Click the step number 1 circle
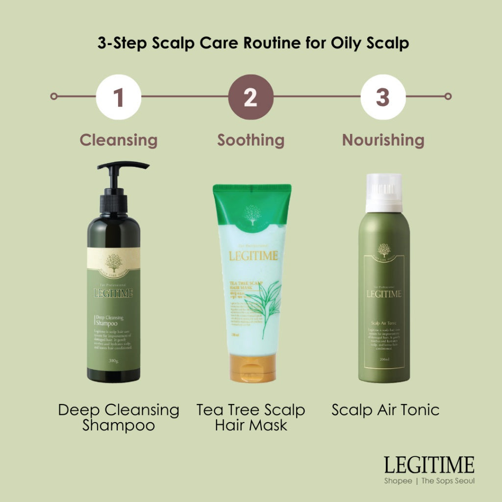tap(119, 97)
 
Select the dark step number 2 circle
tap(251, 97)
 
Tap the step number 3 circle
tap(383, 97)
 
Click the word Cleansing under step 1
tap(119, 140)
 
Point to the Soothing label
tap(251, 140)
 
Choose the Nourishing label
tap(383, 140)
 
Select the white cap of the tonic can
tap(384, 192)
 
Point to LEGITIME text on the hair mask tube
tap(253, 256)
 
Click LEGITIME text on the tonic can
tap(384, 294)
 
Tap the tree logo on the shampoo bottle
tap(114, 263)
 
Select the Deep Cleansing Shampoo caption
tap(119, 417)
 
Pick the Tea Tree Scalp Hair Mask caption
tap(251, 417)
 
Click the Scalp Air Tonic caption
tap(385, 410)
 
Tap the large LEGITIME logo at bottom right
tap(429, 465)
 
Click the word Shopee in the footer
tap(398, 481)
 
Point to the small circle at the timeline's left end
tap(54, 97)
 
